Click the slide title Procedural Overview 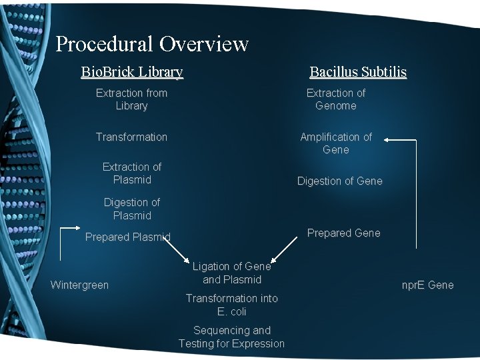coord(152,44)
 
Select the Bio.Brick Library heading coord(132,71)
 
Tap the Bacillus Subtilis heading coord(358,72)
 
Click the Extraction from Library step coord(131,99)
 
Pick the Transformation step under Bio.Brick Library coord(131,137)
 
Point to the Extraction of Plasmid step coord(131,173)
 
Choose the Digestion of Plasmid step coord(131,209)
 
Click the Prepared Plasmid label coord(127,237)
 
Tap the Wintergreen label coord(79,285)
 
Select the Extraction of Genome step coord(335,99)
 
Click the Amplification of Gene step coord(335,143)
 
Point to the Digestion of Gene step coord(339,181)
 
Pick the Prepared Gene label coord(343,233)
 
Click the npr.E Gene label coord(427,285)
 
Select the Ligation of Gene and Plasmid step coord(231,273)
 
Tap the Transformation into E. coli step coord(231,305)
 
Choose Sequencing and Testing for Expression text coord(231,337)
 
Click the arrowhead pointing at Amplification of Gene coord(389,140)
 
